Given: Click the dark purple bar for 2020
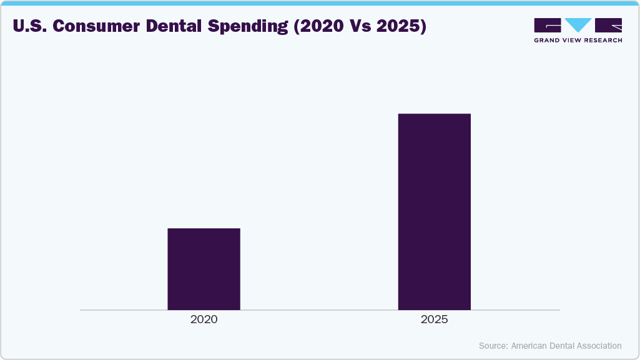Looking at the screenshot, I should [204, 269].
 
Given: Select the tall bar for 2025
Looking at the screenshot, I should [434, 212].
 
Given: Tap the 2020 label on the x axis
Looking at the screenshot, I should [204, 319].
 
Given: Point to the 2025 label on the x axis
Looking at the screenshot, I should [434, 319].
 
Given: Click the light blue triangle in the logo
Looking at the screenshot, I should [578, 25].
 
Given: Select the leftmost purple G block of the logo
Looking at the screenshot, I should [548, 25].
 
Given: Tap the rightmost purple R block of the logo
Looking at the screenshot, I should [608, 25].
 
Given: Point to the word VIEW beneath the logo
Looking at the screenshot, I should [576, 40].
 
